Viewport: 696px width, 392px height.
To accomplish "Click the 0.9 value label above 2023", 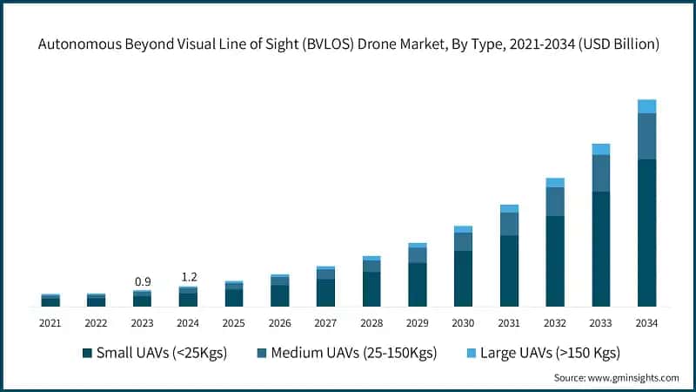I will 142,281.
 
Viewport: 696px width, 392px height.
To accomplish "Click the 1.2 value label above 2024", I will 188,277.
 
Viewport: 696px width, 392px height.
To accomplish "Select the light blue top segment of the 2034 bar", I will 646,106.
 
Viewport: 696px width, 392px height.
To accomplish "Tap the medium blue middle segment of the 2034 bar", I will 646,136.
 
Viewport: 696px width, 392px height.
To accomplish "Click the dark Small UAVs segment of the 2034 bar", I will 646,233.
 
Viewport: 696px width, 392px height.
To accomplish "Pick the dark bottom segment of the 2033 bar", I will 600,248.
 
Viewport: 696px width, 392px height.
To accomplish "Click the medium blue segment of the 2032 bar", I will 555,201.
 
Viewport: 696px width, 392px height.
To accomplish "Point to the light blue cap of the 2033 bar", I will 600,149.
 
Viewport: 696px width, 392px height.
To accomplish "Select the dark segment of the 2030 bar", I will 463,278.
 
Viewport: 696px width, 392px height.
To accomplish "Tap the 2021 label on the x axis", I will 50,323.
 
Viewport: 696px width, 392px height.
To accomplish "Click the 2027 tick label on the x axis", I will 325,323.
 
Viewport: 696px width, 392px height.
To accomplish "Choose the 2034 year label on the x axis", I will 646,323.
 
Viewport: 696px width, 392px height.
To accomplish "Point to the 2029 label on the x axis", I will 418,323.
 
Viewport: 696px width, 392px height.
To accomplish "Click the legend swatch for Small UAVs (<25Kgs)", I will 87,353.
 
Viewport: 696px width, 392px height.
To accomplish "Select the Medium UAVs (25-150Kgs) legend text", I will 353,353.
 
